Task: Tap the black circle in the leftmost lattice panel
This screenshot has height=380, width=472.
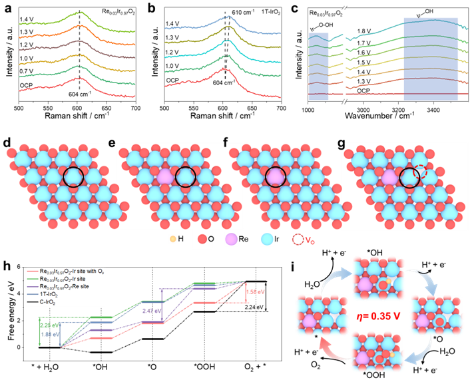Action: point(73,177)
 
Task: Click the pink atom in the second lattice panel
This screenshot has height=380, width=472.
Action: point(163,177)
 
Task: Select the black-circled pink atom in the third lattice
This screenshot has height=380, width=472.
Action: point(275,177)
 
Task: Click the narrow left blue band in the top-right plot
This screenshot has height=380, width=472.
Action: point(319,66)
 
